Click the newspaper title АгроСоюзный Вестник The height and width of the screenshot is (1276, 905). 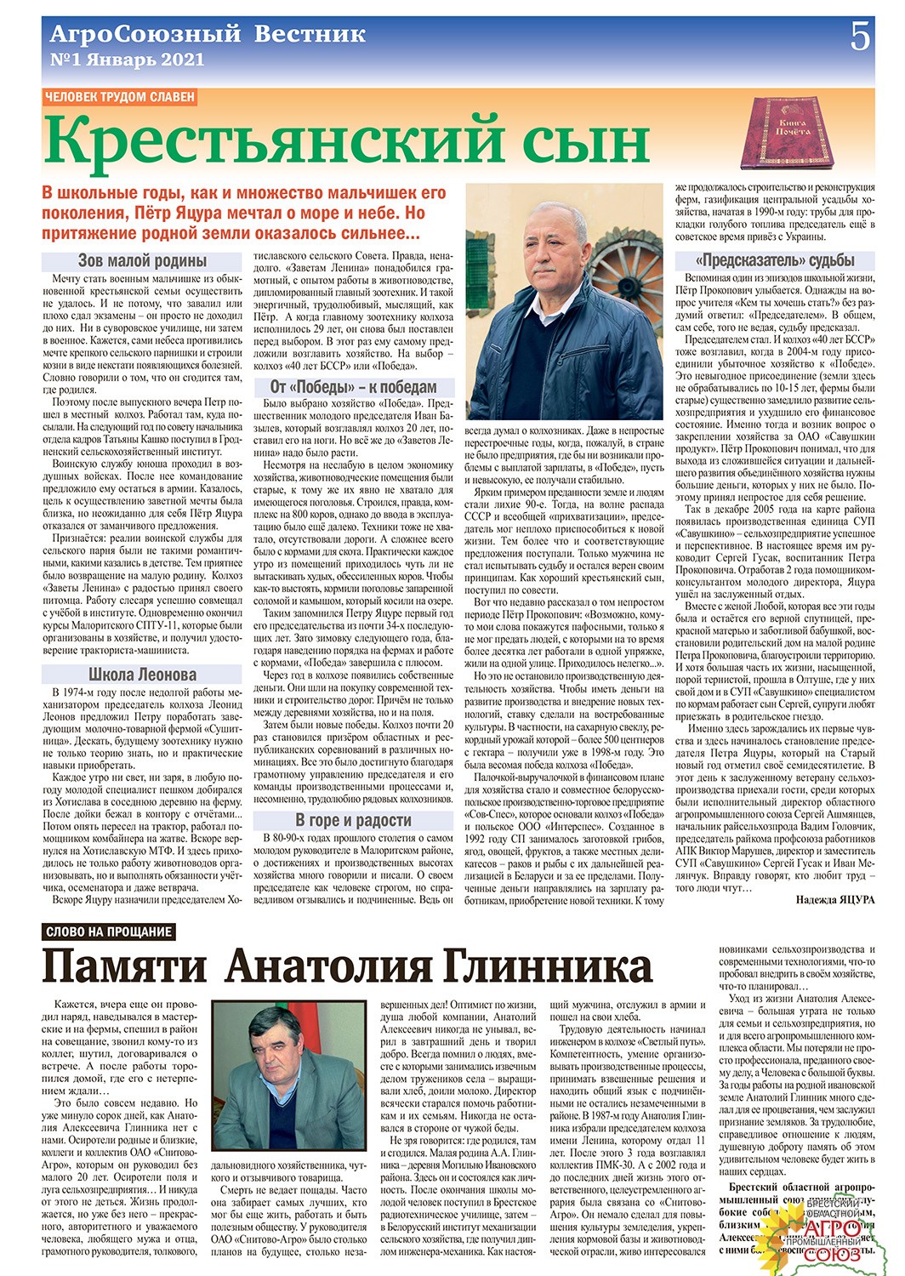[208, 35]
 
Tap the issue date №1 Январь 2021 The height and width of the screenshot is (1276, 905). [128, 60]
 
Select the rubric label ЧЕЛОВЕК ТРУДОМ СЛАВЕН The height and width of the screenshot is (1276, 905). [120, 97]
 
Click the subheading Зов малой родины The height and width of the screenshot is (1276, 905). [142, 260]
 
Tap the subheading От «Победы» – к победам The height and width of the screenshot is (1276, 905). [353, 387]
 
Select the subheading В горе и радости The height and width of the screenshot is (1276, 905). [353, 820]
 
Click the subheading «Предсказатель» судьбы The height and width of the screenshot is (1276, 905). [775, 260]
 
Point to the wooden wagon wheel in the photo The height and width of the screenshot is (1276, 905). [635, 281]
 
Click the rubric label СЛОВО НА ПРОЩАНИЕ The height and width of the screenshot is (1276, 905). [109, 931]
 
